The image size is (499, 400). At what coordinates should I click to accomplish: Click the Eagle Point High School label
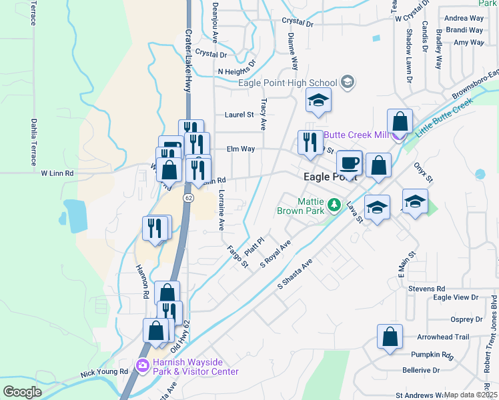coord(288,83)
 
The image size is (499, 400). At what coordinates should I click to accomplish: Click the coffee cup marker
coord(349,163)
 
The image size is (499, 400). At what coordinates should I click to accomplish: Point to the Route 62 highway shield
coord(189,198)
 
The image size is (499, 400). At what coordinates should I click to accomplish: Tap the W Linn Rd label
coord(57,173)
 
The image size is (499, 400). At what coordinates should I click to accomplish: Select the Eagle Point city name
coord(330,177)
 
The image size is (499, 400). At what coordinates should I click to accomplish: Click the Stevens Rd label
coord(427,289)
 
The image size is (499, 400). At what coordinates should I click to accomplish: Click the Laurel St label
coord(239,115)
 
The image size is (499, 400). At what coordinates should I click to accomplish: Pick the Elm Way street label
coord(241,149)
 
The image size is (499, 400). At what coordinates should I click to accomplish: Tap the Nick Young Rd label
coord(104,371)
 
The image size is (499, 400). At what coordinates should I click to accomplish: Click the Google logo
coord(22,392)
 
